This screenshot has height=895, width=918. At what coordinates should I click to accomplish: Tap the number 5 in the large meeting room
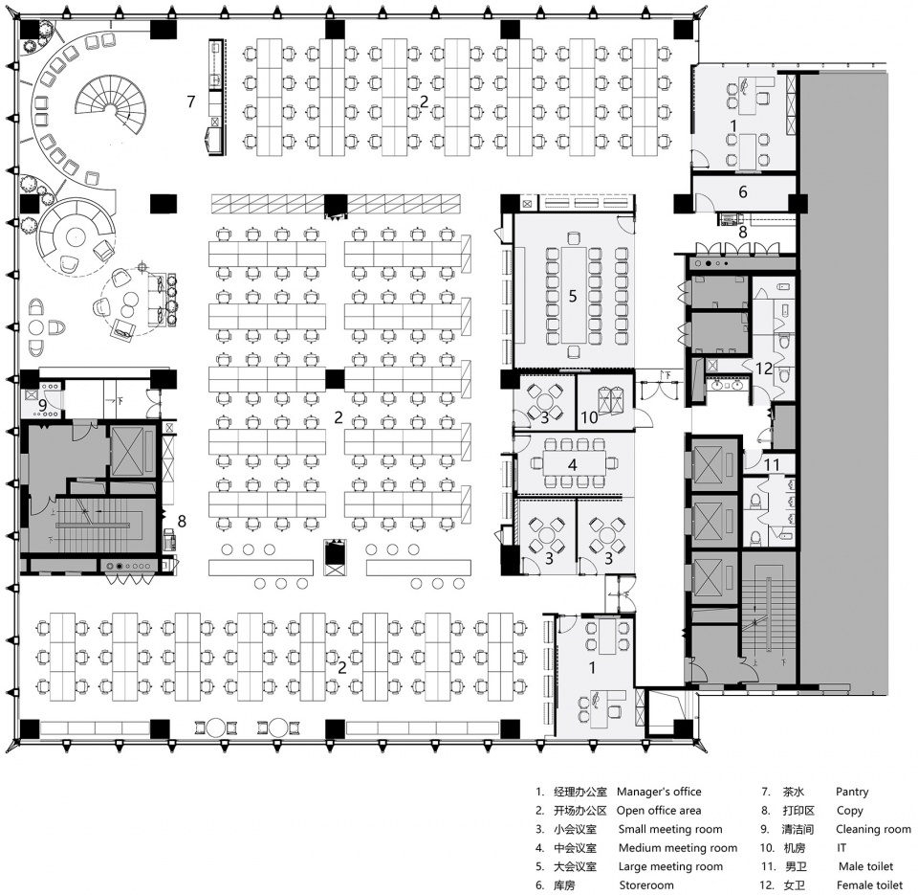click(x=573, y=296)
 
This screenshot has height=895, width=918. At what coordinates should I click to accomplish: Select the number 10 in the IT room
click(x=589, y=416)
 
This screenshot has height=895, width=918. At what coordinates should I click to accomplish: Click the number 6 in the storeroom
click(x=743, y=191)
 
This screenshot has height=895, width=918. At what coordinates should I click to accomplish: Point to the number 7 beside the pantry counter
click(x=191, y=101)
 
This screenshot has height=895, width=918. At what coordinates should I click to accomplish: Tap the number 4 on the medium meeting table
click(x=572, y=465)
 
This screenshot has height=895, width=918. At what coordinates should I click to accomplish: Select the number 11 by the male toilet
click(x=772, y=465)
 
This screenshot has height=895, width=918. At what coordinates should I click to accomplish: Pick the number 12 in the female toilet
click(x=764, y=369)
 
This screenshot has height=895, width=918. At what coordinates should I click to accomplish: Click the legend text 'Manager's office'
click(x=659, y=792)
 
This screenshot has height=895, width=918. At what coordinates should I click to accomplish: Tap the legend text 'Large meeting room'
click(x=670, y=866)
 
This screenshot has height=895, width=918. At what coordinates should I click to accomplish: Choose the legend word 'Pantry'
click(x=852, y=792)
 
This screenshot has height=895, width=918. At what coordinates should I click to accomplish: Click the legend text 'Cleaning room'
click(x=873, y=829)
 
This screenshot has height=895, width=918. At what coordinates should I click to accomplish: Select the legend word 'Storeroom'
click(x=646, y=885)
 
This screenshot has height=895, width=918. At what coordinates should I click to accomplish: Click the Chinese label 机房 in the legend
click(x=795, y=847)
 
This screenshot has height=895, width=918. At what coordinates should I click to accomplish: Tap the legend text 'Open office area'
click(x=659, y=811)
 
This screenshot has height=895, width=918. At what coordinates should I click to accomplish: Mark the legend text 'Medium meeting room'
click(x=678, y=847)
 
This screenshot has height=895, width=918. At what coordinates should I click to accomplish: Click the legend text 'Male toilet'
click(x=866, y=866)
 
